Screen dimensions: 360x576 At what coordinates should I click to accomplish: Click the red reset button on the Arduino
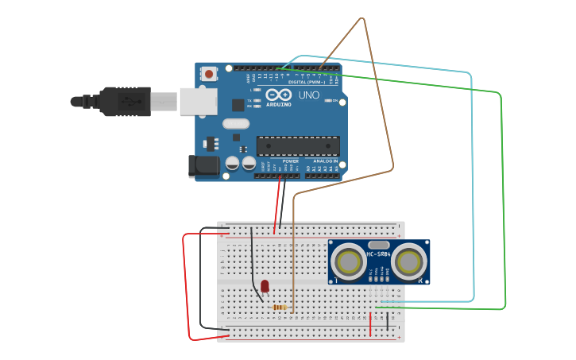point(209,74)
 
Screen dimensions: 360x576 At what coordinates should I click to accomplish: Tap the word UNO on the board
point(309,95)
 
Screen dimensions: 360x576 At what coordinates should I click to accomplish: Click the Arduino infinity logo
point(284,94)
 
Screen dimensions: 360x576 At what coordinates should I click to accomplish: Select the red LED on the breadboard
point(265,285)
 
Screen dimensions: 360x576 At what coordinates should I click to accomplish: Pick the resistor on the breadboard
point(280,307)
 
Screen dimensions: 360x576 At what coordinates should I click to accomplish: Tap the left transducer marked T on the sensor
point(348,261)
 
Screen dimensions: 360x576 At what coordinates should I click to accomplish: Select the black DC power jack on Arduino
point(203,165)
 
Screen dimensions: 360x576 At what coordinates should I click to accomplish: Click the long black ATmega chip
point(298,145)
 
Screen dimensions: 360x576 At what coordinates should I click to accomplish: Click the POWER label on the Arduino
point(290,161)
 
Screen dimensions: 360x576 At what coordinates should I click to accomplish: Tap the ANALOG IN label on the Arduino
point(325,161)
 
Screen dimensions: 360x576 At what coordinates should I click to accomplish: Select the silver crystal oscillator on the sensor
point(379,245)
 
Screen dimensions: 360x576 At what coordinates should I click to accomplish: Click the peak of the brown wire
point(364,18)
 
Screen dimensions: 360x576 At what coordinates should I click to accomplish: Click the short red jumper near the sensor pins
point(370,324)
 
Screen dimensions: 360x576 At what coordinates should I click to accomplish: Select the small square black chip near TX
point(238,104)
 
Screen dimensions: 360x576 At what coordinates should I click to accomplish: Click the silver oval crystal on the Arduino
point(236,123)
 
